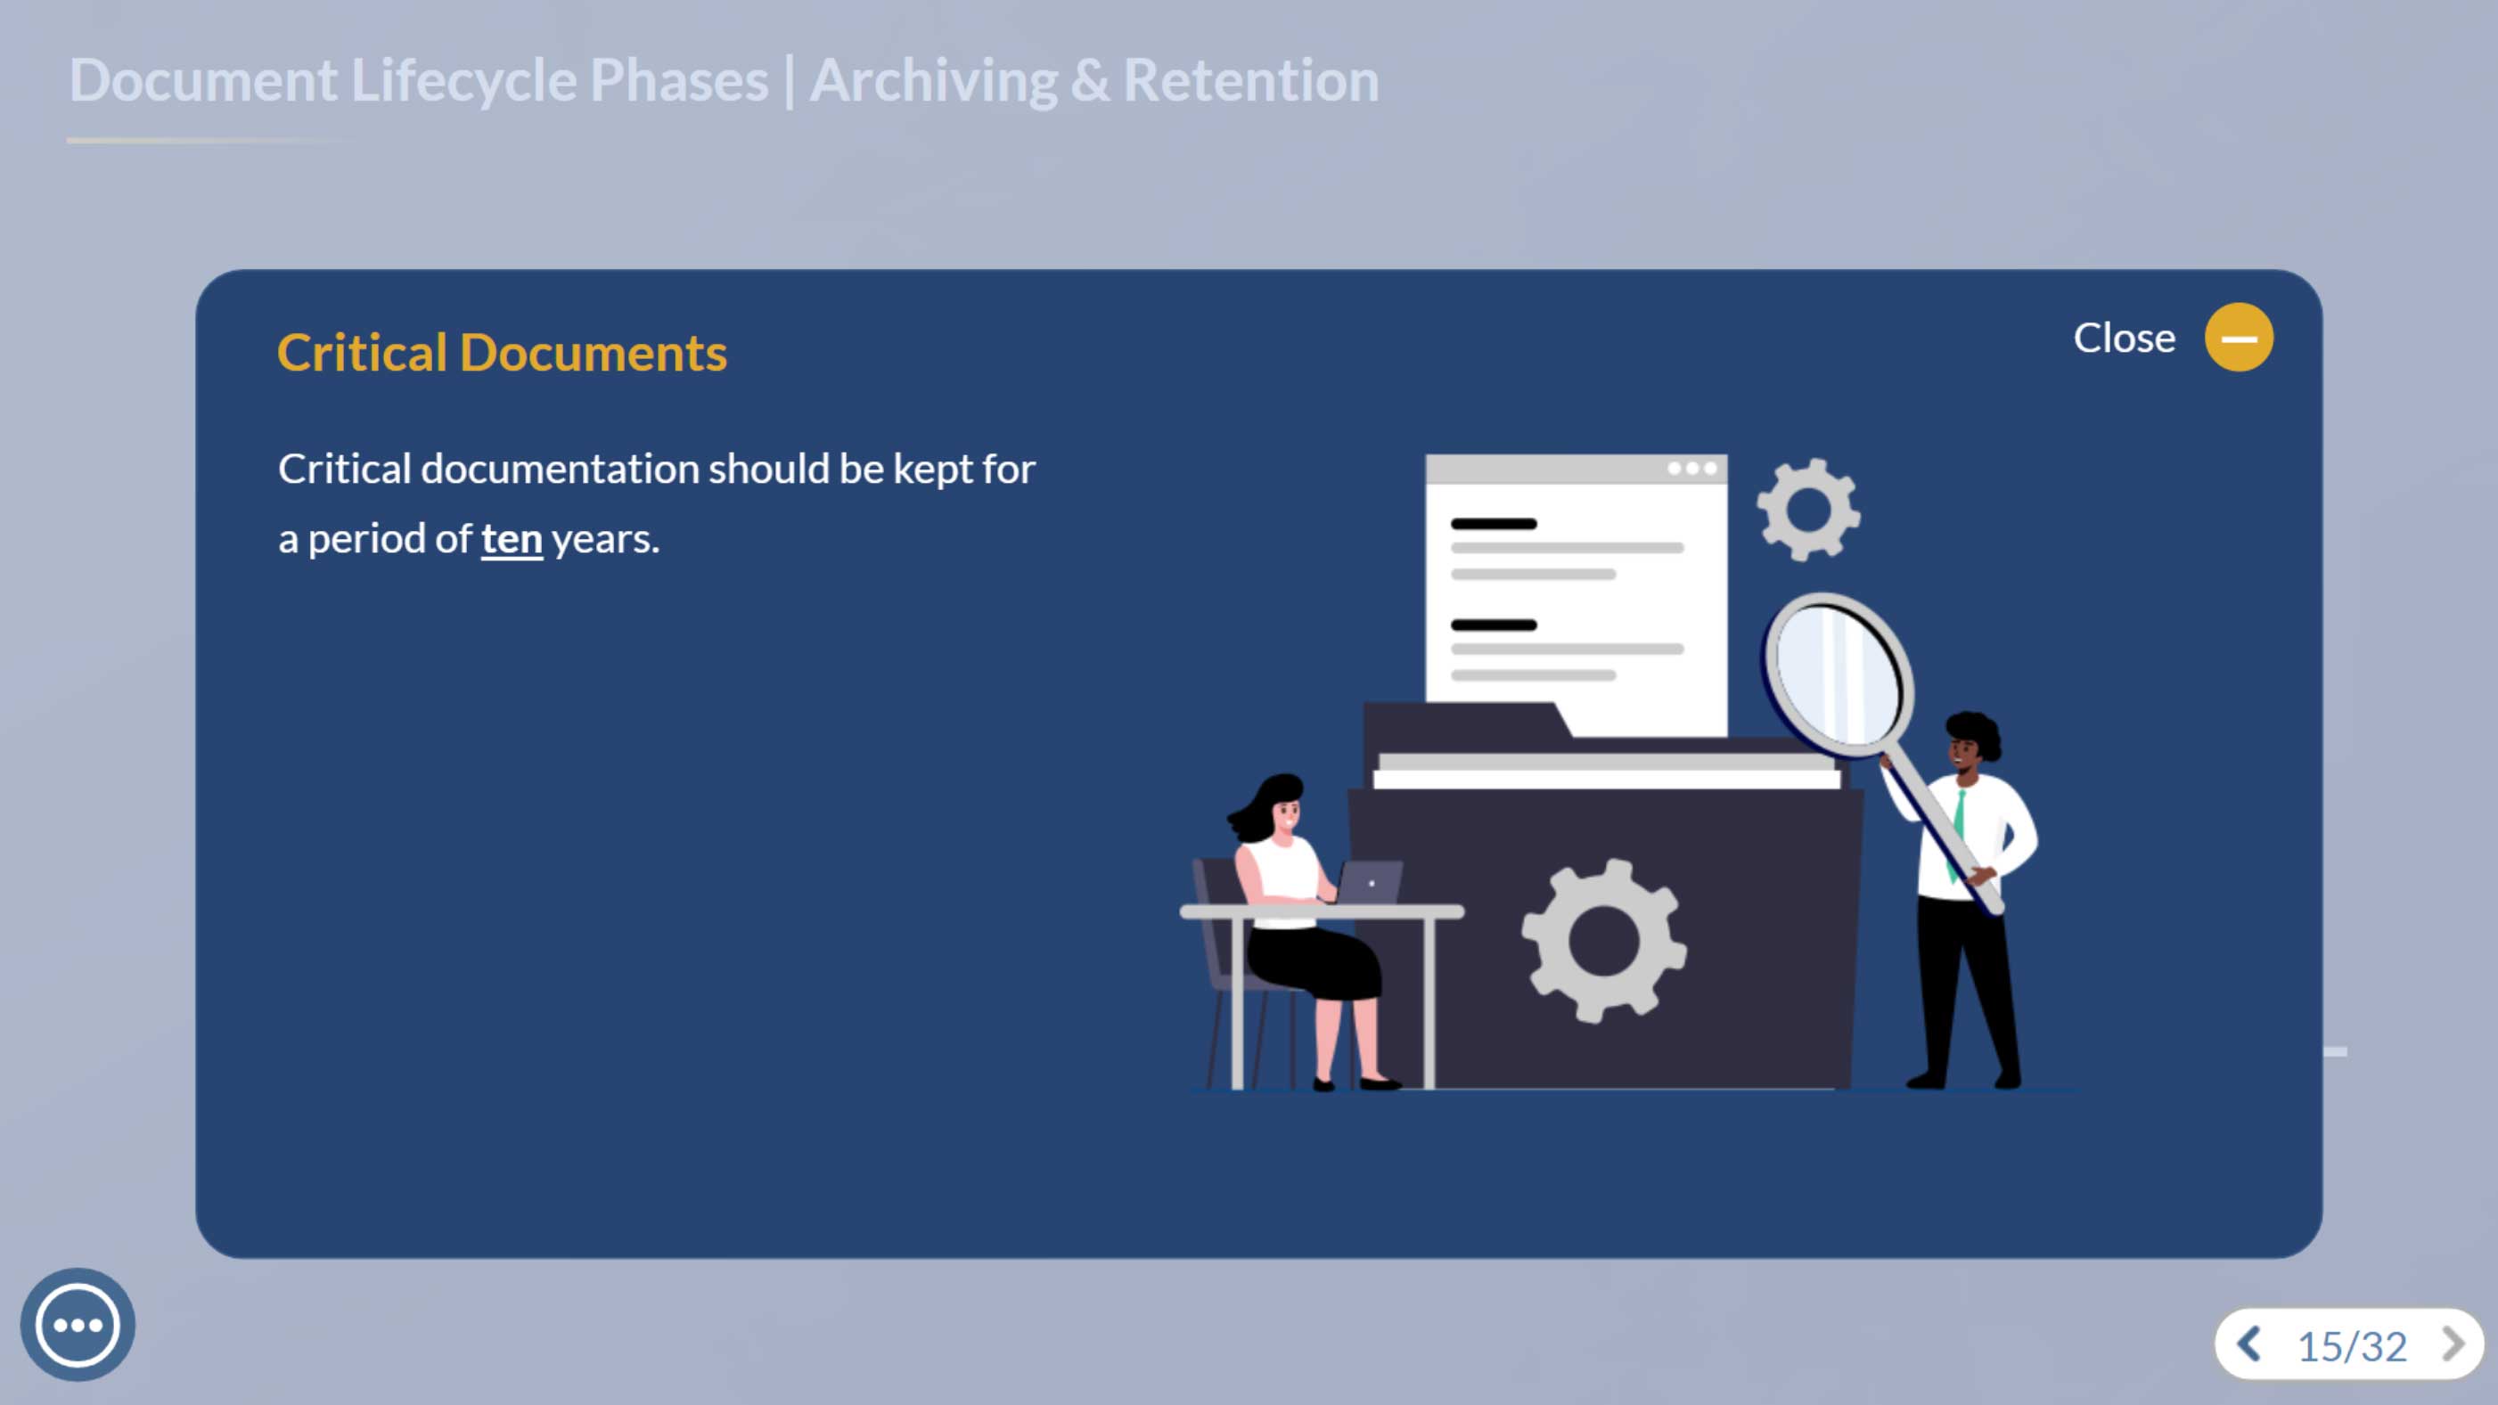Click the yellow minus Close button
[2238, 338]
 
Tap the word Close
[2124, 339]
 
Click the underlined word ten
[511, 539]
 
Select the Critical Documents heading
[502, 352]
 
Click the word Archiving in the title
[933, 81]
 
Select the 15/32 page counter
[2352, 1346]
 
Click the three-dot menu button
[78, 1325]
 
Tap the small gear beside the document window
[1808, 509]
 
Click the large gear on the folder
[1604, 941]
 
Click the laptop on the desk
[1367, 881]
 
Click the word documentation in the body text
[560, 470]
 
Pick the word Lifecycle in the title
[463, 81]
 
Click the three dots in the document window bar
[1692, 469]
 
